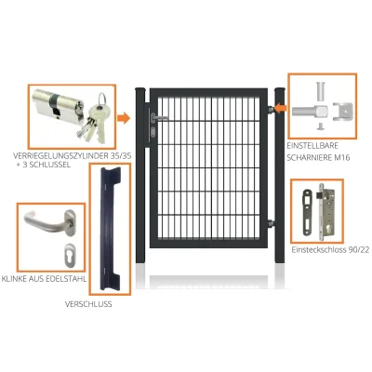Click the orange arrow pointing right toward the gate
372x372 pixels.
coord(124,118)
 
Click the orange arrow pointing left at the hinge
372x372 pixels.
coord(281,109)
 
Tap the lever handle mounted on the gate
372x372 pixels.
coord(159,118)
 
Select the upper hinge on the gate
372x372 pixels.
coord(272,109)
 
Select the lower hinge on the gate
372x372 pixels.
coord(272,222)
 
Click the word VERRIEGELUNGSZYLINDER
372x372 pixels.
coord(60,156)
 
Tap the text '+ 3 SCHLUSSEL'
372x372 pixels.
coord(44,165)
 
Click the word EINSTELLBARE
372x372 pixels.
coord(312,145)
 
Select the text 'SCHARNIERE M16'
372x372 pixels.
coord(318,157)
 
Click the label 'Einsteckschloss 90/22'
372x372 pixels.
coord(330,250)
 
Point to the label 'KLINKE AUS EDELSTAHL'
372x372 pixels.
coord(44,279)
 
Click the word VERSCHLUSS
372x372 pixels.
coord(88,304)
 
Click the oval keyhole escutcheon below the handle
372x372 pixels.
coord(69,255)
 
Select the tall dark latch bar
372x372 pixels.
coord(110,228)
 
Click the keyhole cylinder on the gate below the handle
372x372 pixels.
coord(153,132)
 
